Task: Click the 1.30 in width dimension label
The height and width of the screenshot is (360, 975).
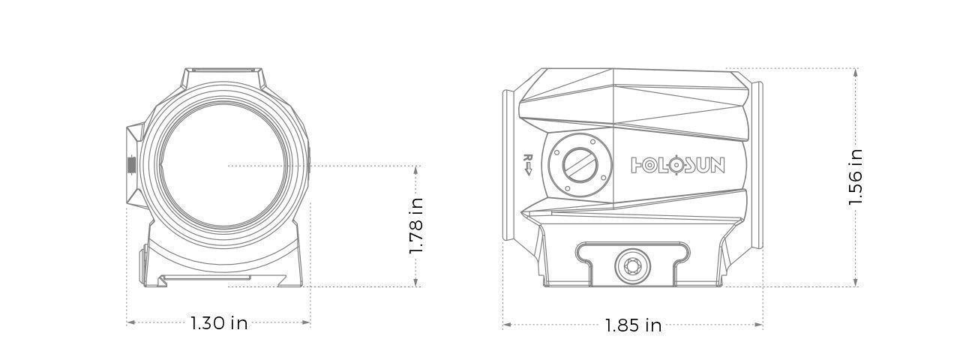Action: [219, 323]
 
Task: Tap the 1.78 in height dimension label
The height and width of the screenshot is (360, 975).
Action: [416, 226]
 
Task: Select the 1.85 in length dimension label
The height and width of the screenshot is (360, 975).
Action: [633, 325]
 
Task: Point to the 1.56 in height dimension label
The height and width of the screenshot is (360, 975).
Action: [855, 177]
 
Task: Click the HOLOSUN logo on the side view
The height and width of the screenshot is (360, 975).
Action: [678, 166]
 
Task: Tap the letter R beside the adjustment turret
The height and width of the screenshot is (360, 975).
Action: [528, 157]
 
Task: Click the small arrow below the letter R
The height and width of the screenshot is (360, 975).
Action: [528, 169]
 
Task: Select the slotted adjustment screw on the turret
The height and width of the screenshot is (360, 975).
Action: [580, 166]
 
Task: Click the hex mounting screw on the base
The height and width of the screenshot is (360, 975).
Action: [632, 265]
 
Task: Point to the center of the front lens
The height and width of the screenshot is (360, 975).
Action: [223, 166]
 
